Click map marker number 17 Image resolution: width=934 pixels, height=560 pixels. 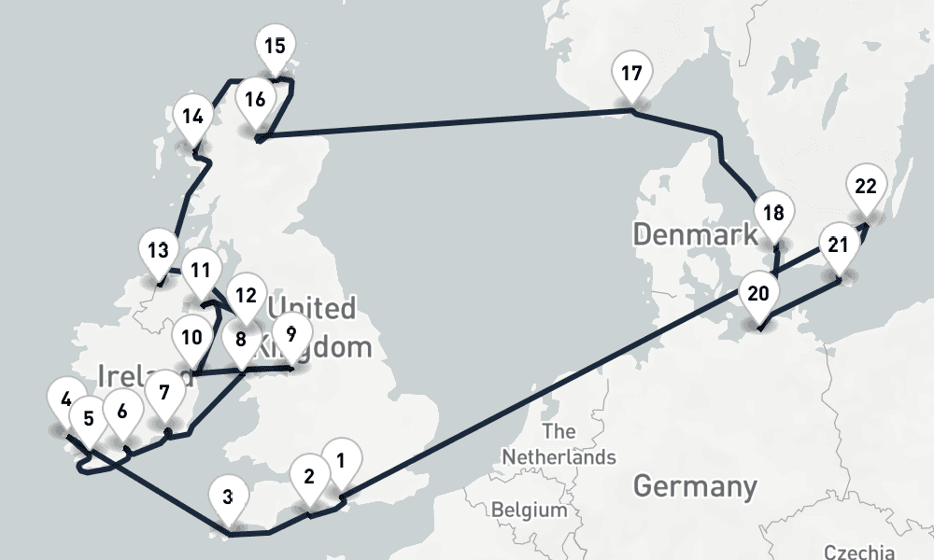click(632, 74)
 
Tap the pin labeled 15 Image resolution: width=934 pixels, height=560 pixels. click(275, 46)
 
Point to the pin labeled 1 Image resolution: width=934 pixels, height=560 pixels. click(341, 460)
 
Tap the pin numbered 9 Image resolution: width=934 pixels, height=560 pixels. click(291, 333)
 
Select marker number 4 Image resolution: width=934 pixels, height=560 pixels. click(64, 399)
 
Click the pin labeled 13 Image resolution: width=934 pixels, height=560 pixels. click(158, 250)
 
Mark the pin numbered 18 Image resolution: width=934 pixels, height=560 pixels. click(773, 213)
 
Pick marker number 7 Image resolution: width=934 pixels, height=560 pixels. click(165, 392)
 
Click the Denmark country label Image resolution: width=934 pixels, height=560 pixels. click(695, 233)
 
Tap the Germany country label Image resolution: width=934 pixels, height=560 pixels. click(695, 486)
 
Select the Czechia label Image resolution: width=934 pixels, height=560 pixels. click(858, 552)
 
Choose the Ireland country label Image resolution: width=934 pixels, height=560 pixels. click(126, 376)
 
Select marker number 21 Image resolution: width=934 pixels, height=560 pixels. click(839, 245)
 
